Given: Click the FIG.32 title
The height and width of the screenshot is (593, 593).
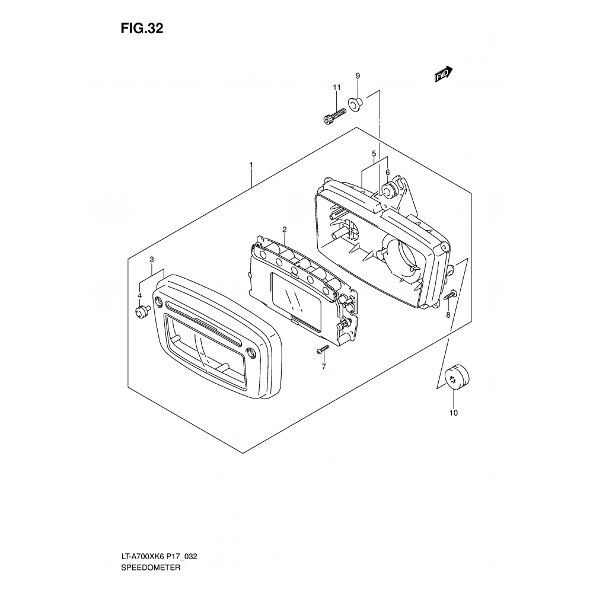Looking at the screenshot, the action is coord(142,28).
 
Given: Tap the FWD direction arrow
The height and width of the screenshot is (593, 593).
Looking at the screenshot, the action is coord(443,74).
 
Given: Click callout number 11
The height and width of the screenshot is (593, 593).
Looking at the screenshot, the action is coord(337,87).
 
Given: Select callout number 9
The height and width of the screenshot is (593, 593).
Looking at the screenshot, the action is coord(358,76).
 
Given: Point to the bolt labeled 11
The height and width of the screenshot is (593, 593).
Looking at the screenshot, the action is coord(335,116).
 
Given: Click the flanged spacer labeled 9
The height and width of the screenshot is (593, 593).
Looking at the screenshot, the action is coord(355,104).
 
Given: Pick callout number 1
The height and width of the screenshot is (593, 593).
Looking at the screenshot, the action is coord(251,165).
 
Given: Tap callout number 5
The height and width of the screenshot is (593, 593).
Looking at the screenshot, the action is coord(374,154).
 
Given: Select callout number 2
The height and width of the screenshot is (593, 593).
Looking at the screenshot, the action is coord(284,229).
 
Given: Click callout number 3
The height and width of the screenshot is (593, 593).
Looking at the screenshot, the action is coord(152,260).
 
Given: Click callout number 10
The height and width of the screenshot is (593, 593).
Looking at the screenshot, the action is coord(454,413).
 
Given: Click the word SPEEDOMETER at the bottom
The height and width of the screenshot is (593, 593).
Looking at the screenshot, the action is coord(151,568).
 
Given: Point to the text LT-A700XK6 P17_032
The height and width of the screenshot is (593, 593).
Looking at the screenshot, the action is coord(159,557).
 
